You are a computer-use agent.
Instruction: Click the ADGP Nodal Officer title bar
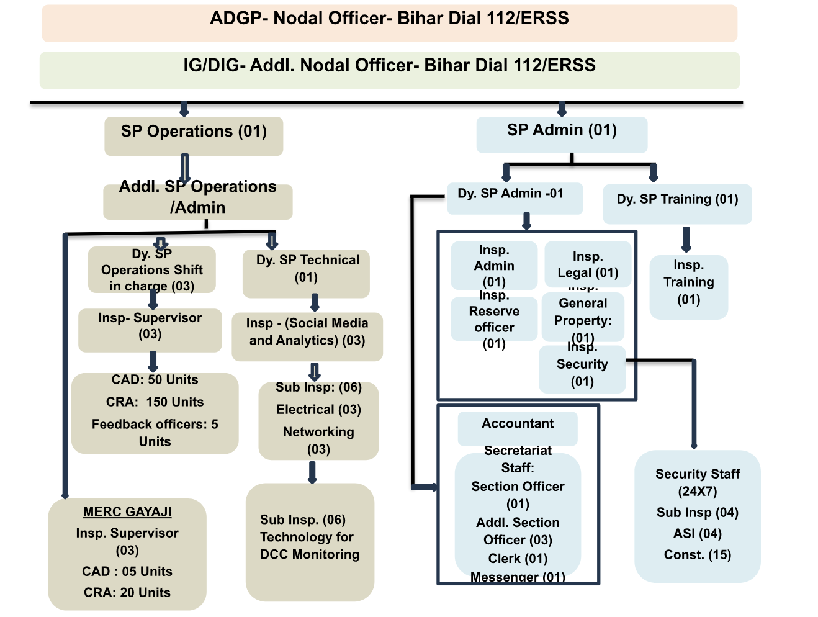(x=389, y=22)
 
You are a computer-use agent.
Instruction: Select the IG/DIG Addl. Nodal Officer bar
(x=389, y=70)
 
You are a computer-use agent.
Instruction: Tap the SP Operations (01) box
(x=194, y=135)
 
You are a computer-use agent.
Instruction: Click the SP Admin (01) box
(x=562, y=134)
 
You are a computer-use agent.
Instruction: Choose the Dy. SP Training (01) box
(x=677, y=203)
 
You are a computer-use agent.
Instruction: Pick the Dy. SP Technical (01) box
(x=307, y=273)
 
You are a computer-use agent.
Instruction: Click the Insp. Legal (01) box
(x=588, y=265)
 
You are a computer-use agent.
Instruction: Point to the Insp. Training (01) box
(x=688, y=286)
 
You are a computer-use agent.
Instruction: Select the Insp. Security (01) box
(x=582, y=370)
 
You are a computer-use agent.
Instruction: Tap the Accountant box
(x=518, y=427)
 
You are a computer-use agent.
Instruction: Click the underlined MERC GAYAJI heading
(x=127, y=512)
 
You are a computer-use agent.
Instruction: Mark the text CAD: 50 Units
(x=155, y=380)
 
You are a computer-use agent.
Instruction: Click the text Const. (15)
(x=698, y=555)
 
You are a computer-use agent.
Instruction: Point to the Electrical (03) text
(x=318, y=410)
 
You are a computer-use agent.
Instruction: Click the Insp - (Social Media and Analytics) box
(x=307, y=336)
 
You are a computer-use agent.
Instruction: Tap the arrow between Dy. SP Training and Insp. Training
(x=686, y=240)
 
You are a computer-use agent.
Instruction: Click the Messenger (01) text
(x=518, y=577)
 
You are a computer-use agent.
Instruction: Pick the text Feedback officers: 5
(x=155, y=425)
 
